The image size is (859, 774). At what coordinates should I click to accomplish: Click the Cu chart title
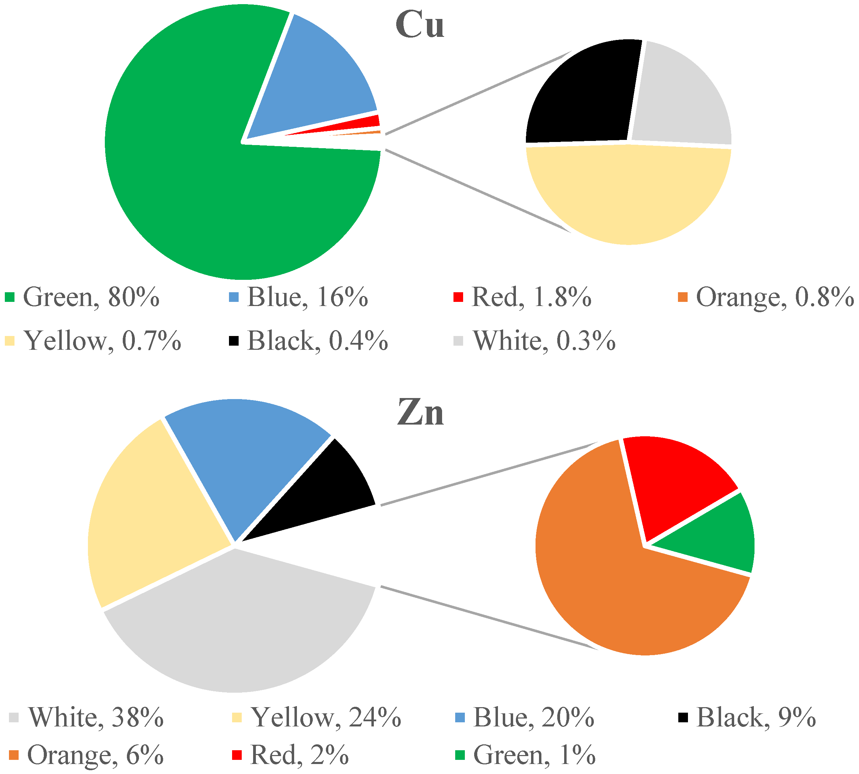(x=420, y=25)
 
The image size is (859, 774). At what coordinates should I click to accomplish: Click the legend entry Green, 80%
(x=82, y=297)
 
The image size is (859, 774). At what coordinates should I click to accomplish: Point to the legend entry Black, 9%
(x=747, y=717)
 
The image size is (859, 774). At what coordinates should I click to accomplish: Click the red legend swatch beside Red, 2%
(x=237, y=755)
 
